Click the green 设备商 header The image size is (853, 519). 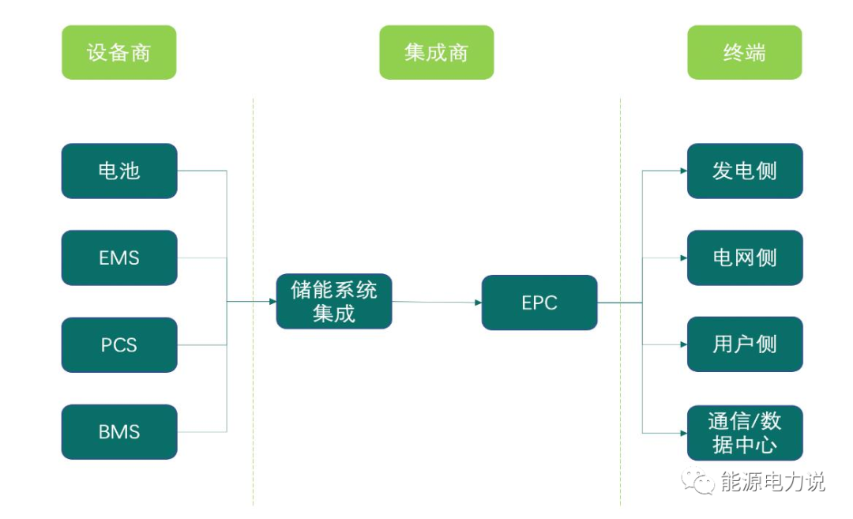click(118, 52)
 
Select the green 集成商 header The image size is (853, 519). click(436, 52)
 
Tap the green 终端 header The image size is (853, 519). click(744, 52)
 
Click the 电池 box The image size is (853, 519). click(119, 171)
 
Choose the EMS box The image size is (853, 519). click(119, 258)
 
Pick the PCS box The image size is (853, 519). click(119, 345)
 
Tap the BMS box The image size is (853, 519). click(119, 432)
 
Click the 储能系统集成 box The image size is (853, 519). click(334, 302)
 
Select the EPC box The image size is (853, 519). click(539, 303)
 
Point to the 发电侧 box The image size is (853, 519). click(744, 171)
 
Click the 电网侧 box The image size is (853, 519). click(744, 258)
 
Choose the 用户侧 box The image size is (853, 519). click(744, 344)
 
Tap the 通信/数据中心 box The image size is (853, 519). click(744, 432)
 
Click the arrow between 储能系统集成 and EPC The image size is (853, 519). click(437, 302)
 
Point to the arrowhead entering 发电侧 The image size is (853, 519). click(682, 171)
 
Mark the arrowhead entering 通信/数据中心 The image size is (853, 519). click(682, 433)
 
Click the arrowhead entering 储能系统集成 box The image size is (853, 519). click(272, 301)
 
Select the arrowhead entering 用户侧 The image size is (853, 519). click(682, 345)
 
